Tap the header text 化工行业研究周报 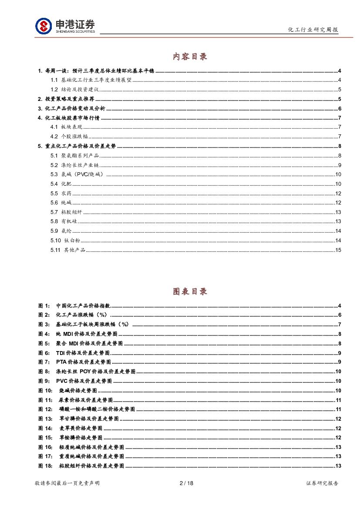pyautogui.click(x=313, y=30)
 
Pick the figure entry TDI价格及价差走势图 pyautogui.click(x=83, y=353)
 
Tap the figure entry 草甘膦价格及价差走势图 pyautogui.click(x=89, y=419)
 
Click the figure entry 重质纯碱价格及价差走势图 pyautogui.click(x=91, y=457)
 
